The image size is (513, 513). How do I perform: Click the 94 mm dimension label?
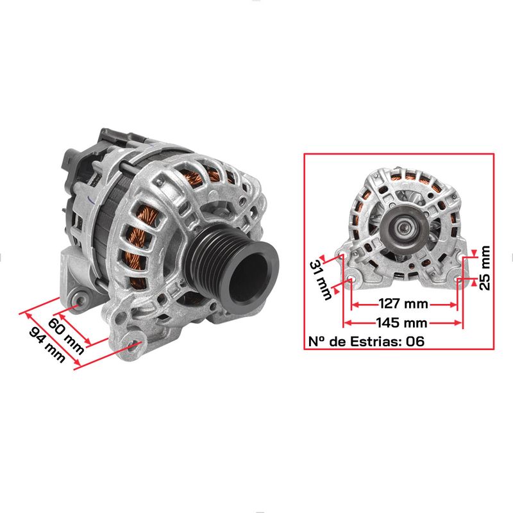click(47, 345)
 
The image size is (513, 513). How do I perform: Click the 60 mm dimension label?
click(67, 336)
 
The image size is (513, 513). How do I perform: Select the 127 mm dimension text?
click(403, 304)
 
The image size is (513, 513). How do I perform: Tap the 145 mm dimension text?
click(402, 323)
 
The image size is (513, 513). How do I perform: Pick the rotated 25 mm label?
click(485, 268)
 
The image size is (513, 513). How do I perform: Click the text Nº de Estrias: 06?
click(366, 341)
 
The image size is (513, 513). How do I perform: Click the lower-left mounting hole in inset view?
click(351, 280)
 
